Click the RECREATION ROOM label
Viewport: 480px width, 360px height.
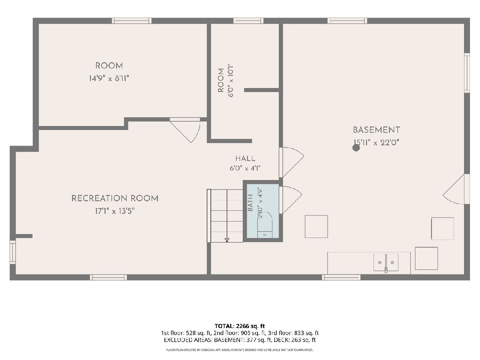tap(115, 198)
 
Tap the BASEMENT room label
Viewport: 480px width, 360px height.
tap(376, 130)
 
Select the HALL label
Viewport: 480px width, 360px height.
tap(245, 158)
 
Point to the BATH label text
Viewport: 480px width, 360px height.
tap(250, 203)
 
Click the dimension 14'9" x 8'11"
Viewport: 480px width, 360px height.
tap(109, 78)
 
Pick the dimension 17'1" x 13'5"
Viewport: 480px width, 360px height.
tap(115, 211)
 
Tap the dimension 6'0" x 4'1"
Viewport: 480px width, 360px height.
tap(245, 168)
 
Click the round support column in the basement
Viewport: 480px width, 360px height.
tap(356, 148)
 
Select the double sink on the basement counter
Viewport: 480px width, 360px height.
tap(386, 262)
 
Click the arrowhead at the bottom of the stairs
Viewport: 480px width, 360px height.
tap(227, 240)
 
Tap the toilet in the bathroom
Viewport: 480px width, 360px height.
tap(265, 225)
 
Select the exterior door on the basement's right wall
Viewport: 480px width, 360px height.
tap(456, 189)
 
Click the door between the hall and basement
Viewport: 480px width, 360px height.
tap(291, 162)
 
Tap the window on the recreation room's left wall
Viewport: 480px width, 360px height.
tap(13, 252)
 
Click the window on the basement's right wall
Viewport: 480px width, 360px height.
tap(467, 73)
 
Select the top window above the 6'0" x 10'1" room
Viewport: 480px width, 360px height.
tap(248, 21)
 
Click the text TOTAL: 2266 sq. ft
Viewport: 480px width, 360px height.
tap(240, 326)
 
